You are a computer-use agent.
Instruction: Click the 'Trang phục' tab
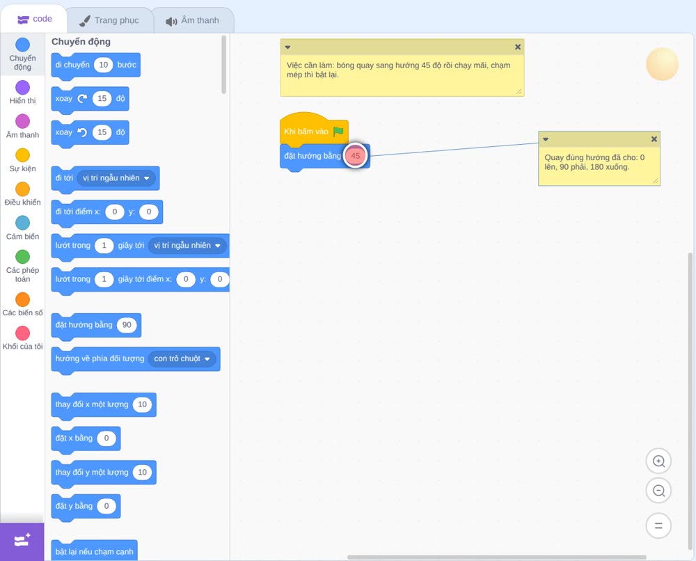coord(109,20)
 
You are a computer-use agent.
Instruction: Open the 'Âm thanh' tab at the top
coord(193,20)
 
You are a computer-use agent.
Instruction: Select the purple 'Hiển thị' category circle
coord(23,88)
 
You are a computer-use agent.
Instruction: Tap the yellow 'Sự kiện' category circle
coord(23,155)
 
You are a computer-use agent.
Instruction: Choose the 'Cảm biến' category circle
coord(23,223)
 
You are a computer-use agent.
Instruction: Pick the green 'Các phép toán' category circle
coord(23,257)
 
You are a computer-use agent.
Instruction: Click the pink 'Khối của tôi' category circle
coord(23,333)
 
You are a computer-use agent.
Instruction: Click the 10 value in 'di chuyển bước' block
coord(104,65)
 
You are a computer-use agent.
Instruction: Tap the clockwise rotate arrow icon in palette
coord(82,99)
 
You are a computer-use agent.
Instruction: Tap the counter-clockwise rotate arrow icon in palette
coord(82,132)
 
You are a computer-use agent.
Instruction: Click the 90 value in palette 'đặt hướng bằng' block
coord(127,325)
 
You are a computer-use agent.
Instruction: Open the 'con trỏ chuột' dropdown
coord(182,358)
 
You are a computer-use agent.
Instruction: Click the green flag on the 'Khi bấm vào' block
coord(338,132)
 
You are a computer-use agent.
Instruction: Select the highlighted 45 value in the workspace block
coord(356,156)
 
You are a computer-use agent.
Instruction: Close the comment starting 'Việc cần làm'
coord(518,47)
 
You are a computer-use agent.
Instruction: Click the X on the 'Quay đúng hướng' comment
coord(654,139)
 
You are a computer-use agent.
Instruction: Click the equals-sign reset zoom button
coord(658,526)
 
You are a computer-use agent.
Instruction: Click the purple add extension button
coord(22,542)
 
